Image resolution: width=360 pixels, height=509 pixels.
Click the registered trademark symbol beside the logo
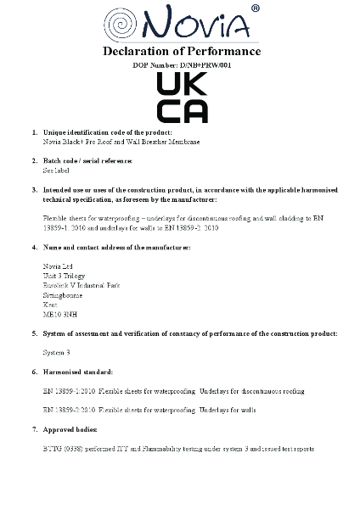256,9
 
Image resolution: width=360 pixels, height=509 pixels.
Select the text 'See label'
56,171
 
